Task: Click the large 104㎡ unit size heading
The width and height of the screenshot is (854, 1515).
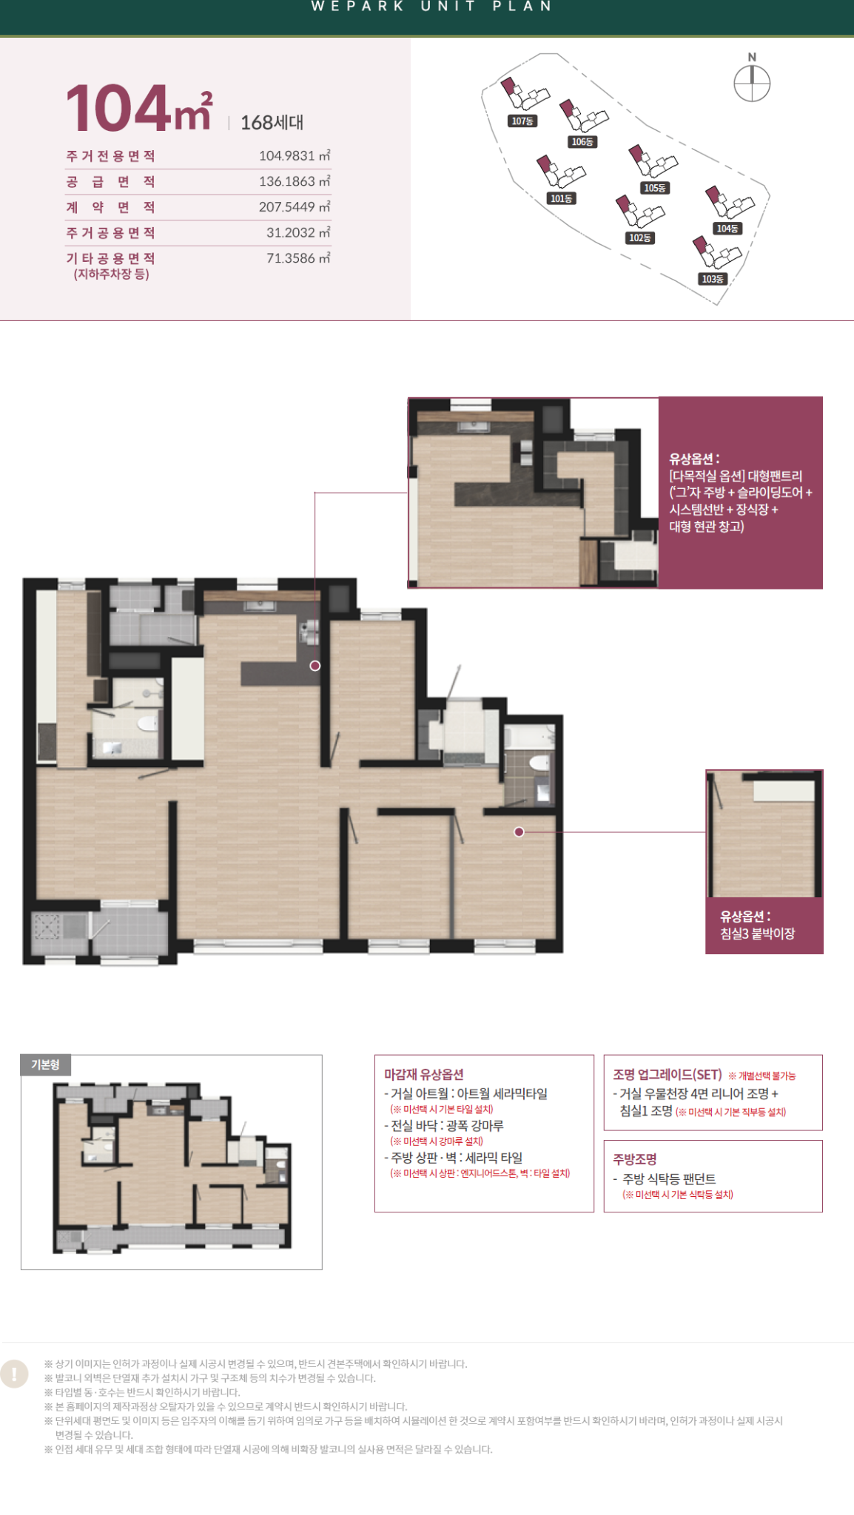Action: click(x=140, y=107)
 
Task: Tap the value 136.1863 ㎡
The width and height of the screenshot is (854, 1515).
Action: click(x=295, y=181)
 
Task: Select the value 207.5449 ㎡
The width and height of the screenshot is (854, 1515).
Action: click(x=295, y=207)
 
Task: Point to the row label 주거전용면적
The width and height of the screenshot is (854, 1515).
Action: click(x=111, y=156)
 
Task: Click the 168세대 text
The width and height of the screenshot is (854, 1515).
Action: click(x=272, y=123)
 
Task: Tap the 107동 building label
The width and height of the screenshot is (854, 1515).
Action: click(x=522, y=121)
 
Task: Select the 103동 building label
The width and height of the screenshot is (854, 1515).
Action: click(x=712, y=279)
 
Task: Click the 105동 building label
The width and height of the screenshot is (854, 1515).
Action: click(x=655, y=188)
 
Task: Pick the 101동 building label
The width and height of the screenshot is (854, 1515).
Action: click(x=562, y=198)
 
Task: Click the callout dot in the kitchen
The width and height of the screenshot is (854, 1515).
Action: click(x=315, y=666)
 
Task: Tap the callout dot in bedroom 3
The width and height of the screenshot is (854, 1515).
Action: click(x=520, y=832)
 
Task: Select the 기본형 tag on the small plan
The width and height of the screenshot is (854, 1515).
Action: click(x=45, y=1064)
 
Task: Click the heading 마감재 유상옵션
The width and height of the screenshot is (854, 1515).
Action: click(x=423, y=1074)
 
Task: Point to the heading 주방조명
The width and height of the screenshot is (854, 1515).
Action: click(x=635, y=1159)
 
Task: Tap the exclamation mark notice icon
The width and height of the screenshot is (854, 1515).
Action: click(x=15, y=1374)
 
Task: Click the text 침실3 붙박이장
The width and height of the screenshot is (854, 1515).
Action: click(x=758, y=934)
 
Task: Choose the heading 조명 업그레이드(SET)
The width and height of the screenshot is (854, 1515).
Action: click(x=668, y=1074)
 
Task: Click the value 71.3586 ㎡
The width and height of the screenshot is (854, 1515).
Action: click(x=298, y=258)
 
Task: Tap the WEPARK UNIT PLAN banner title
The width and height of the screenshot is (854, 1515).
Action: click(x=432, y=6)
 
